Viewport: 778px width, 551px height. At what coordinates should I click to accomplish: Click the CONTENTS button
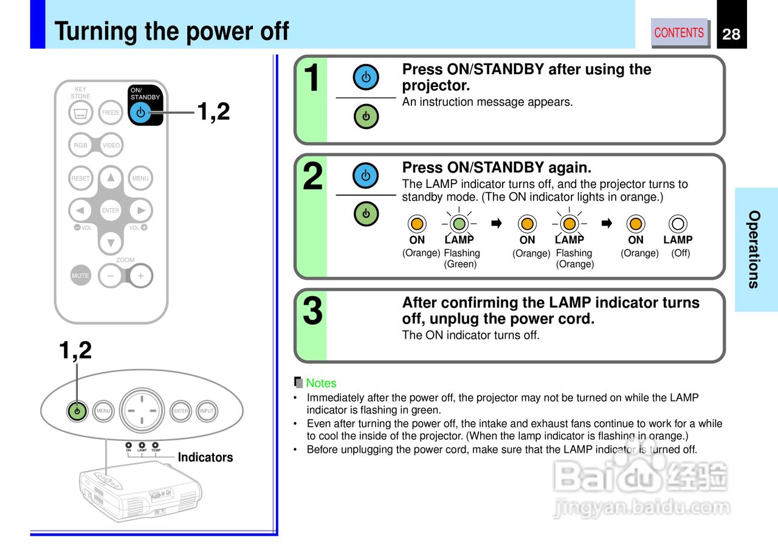[679, 33]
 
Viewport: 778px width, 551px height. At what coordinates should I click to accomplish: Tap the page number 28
[731, 34]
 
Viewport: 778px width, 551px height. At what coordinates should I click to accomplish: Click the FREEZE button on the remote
[111, 113]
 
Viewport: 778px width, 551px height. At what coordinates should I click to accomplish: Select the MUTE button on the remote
[80, 275]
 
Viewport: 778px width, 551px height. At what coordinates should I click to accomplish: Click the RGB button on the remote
[81, 145]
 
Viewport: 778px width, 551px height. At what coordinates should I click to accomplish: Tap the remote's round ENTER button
[111, 210]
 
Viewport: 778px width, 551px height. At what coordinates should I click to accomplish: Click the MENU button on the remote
[140, 178]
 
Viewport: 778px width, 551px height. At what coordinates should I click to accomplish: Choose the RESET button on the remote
[81, 178]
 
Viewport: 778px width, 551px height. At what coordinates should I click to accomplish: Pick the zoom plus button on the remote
[140, 275]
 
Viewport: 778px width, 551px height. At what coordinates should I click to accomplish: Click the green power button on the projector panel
[77, 411]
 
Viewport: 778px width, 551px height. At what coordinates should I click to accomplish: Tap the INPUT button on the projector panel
[207, 411]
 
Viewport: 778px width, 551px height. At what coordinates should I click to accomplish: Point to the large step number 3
[312, 311]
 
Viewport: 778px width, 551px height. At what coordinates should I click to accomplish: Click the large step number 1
[312, 79]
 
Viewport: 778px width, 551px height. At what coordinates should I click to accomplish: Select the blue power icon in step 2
[365, 176]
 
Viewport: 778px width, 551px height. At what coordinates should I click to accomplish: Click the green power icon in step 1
[365, 116]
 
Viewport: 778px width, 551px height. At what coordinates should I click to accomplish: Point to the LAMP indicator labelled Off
[678, 224]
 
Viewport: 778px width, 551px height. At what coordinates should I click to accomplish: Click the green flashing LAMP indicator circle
[460, 224]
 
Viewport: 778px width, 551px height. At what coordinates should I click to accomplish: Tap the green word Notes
[321, 383]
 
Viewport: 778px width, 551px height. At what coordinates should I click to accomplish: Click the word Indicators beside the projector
[205, 457]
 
